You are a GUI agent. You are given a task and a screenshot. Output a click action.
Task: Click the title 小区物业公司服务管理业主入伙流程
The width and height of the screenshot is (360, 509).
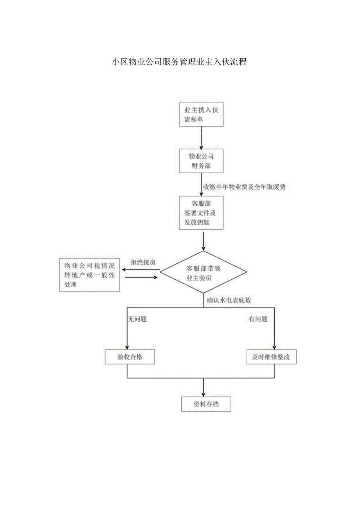pyautogui.click(x=179, y=62)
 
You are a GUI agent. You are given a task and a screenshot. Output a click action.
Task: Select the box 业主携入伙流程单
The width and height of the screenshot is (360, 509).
pyautogui.click(x=201, y=115)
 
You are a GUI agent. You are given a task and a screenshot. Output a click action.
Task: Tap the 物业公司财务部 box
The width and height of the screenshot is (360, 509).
pyautogui.click(x=201, y=161)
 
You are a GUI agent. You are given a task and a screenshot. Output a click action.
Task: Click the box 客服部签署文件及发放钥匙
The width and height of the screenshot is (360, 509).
pyautogui.click(x=201, y=213)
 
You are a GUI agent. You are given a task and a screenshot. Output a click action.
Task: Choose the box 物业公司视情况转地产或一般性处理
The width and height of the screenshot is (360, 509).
pyautogui.click(x=89, y=275)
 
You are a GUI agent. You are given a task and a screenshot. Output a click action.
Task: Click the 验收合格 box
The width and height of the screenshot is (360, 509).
pyautogui.click(x=130, y=357)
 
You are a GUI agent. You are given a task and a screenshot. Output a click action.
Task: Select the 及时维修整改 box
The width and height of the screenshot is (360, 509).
pyautogui.click(x=271, y=357)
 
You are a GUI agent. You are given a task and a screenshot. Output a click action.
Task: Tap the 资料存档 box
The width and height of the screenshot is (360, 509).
pyautogui.click(x=206, y=404)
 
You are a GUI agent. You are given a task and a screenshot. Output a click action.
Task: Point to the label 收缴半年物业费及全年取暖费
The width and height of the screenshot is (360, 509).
pyautogui.click(x=244, y=187)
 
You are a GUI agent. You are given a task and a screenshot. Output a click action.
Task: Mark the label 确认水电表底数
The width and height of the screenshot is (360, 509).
pyautogui.click(x=229, y=300)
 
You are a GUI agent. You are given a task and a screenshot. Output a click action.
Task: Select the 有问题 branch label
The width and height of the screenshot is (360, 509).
pyautogui.click(x=258, y=319)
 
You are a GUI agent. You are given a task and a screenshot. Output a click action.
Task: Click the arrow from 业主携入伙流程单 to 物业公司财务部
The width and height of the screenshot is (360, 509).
pyautogui.click(x=201, y=138)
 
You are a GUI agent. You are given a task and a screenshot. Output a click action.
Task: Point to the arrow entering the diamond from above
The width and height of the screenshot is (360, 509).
pyautogui.click(x=203, y=241)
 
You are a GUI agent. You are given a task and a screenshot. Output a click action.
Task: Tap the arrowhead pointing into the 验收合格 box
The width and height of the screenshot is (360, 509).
pyautogui.click(x=127, y=347)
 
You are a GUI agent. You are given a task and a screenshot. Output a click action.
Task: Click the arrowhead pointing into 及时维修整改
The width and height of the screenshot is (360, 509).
pyautogui.click(x=274, y=347)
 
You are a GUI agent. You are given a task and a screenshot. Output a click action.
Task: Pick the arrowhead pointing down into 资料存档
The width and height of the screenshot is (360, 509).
pyautogui.click(x=203, y=394)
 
